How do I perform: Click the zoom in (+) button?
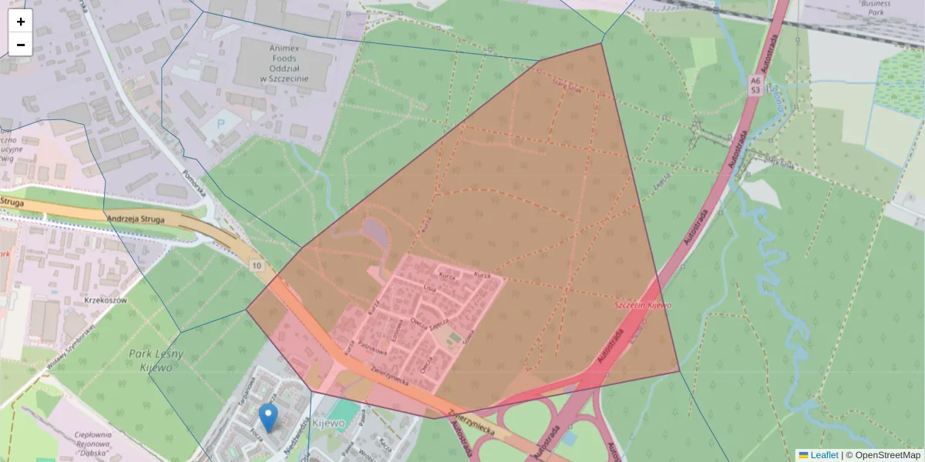point(21,22)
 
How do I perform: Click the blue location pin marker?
point(268,417)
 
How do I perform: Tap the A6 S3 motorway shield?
point(755,85)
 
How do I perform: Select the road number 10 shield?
point(255,265)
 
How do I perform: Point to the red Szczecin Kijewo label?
point(642,305)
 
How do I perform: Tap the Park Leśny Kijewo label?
point(157,360)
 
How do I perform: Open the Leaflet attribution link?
point(823,455)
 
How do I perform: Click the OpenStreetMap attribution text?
point(888,455)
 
